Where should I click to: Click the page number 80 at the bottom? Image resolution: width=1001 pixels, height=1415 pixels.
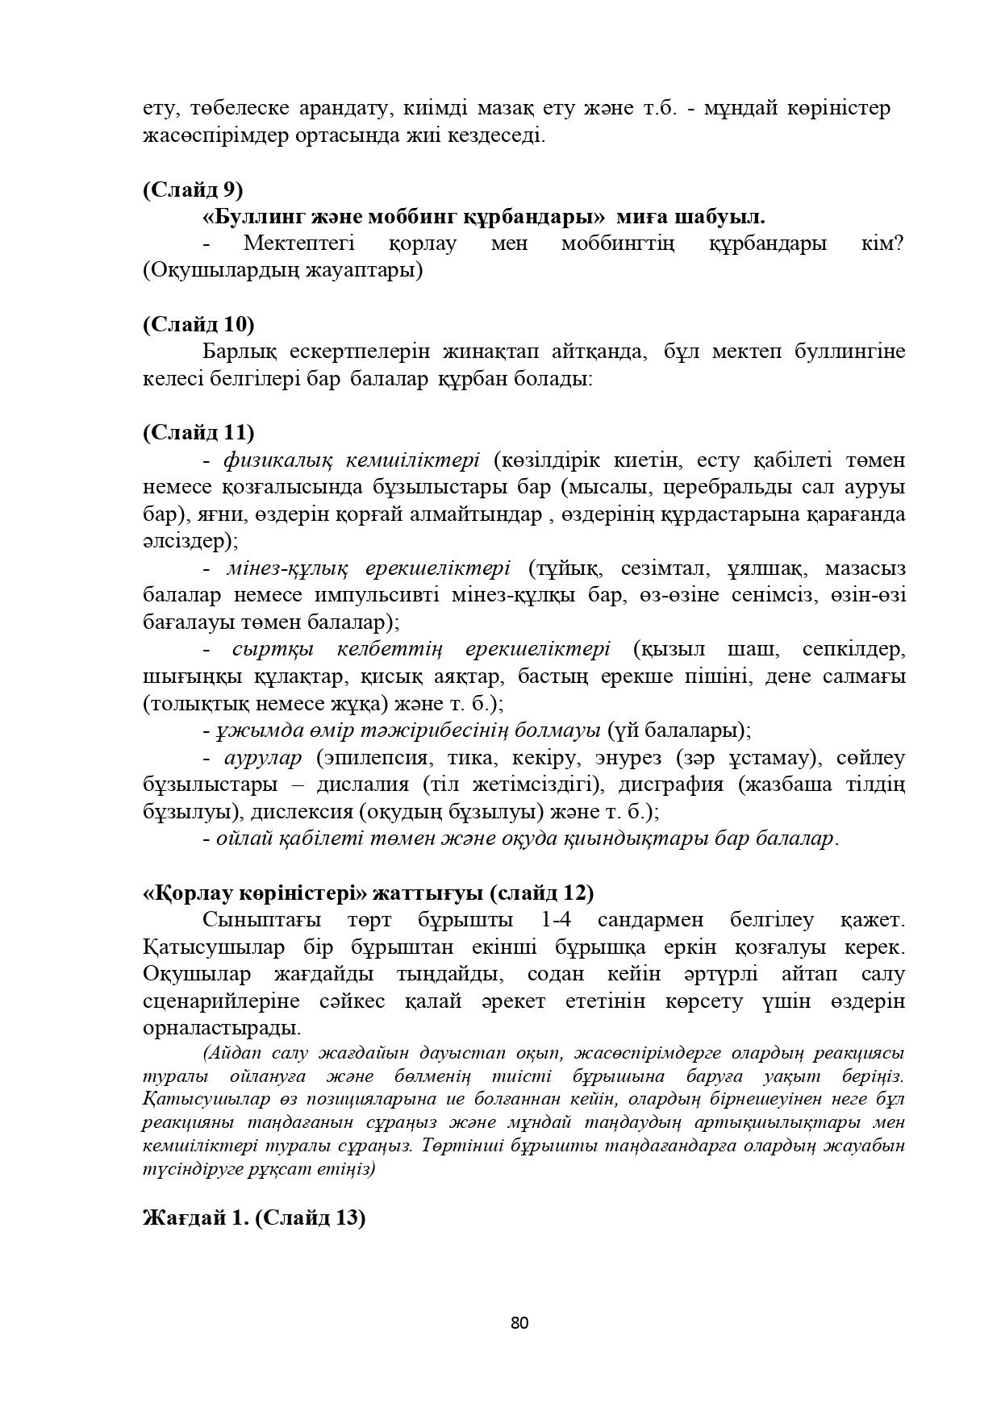519,1323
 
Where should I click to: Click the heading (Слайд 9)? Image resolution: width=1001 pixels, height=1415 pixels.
193,189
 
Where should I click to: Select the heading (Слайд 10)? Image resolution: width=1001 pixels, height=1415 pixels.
198,324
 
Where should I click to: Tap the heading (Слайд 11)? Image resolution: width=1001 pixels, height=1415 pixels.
198,432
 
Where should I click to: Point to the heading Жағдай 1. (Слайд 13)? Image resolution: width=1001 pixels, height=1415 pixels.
254,1217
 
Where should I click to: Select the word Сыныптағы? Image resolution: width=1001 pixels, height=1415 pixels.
261,920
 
